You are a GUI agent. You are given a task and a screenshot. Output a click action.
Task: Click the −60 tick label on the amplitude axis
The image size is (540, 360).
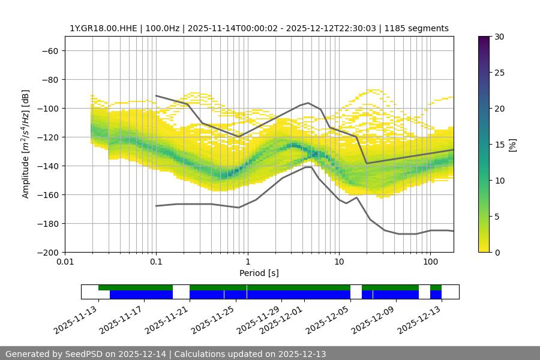(49, 50)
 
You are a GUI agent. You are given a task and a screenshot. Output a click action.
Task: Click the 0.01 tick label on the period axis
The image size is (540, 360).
(65, 262)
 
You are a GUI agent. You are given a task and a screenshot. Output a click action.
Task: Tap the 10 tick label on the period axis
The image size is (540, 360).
(339, 262)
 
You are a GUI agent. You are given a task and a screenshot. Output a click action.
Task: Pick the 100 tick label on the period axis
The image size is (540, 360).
(430, 262)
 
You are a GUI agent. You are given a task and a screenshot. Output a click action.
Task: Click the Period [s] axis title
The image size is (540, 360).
(259, 273)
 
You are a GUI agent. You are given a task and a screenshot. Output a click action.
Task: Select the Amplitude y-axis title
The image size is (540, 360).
(25, 144)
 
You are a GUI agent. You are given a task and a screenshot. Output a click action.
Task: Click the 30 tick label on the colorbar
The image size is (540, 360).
(499, 37)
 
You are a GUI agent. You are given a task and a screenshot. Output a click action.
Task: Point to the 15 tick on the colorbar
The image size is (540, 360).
(499, 145)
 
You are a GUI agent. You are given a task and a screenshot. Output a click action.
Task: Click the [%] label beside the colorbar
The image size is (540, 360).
(512, 144)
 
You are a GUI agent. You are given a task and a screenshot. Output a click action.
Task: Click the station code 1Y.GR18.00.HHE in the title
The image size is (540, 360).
(103, 28)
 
